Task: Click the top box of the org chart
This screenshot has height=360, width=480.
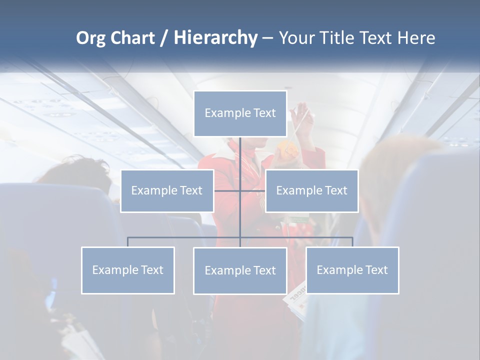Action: tap(240, 113)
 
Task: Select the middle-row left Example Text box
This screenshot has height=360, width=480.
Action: tap(167, 190)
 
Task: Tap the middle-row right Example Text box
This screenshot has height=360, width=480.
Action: tap(311, 190)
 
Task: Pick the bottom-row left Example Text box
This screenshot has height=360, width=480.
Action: tap(127, 270)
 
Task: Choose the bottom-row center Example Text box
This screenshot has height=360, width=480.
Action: tap(240, 270)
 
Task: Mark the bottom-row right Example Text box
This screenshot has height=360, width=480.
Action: tap(352, 270)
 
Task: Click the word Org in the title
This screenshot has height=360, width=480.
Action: tap(90, 38)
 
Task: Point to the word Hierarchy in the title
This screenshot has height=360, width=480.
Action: tap(215, 38)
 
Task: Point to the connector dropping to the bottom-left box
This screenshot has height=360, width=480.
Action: tap(127, 242)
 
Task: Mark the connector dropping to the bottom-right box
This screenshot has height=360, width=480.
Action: tap(352, 242)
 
